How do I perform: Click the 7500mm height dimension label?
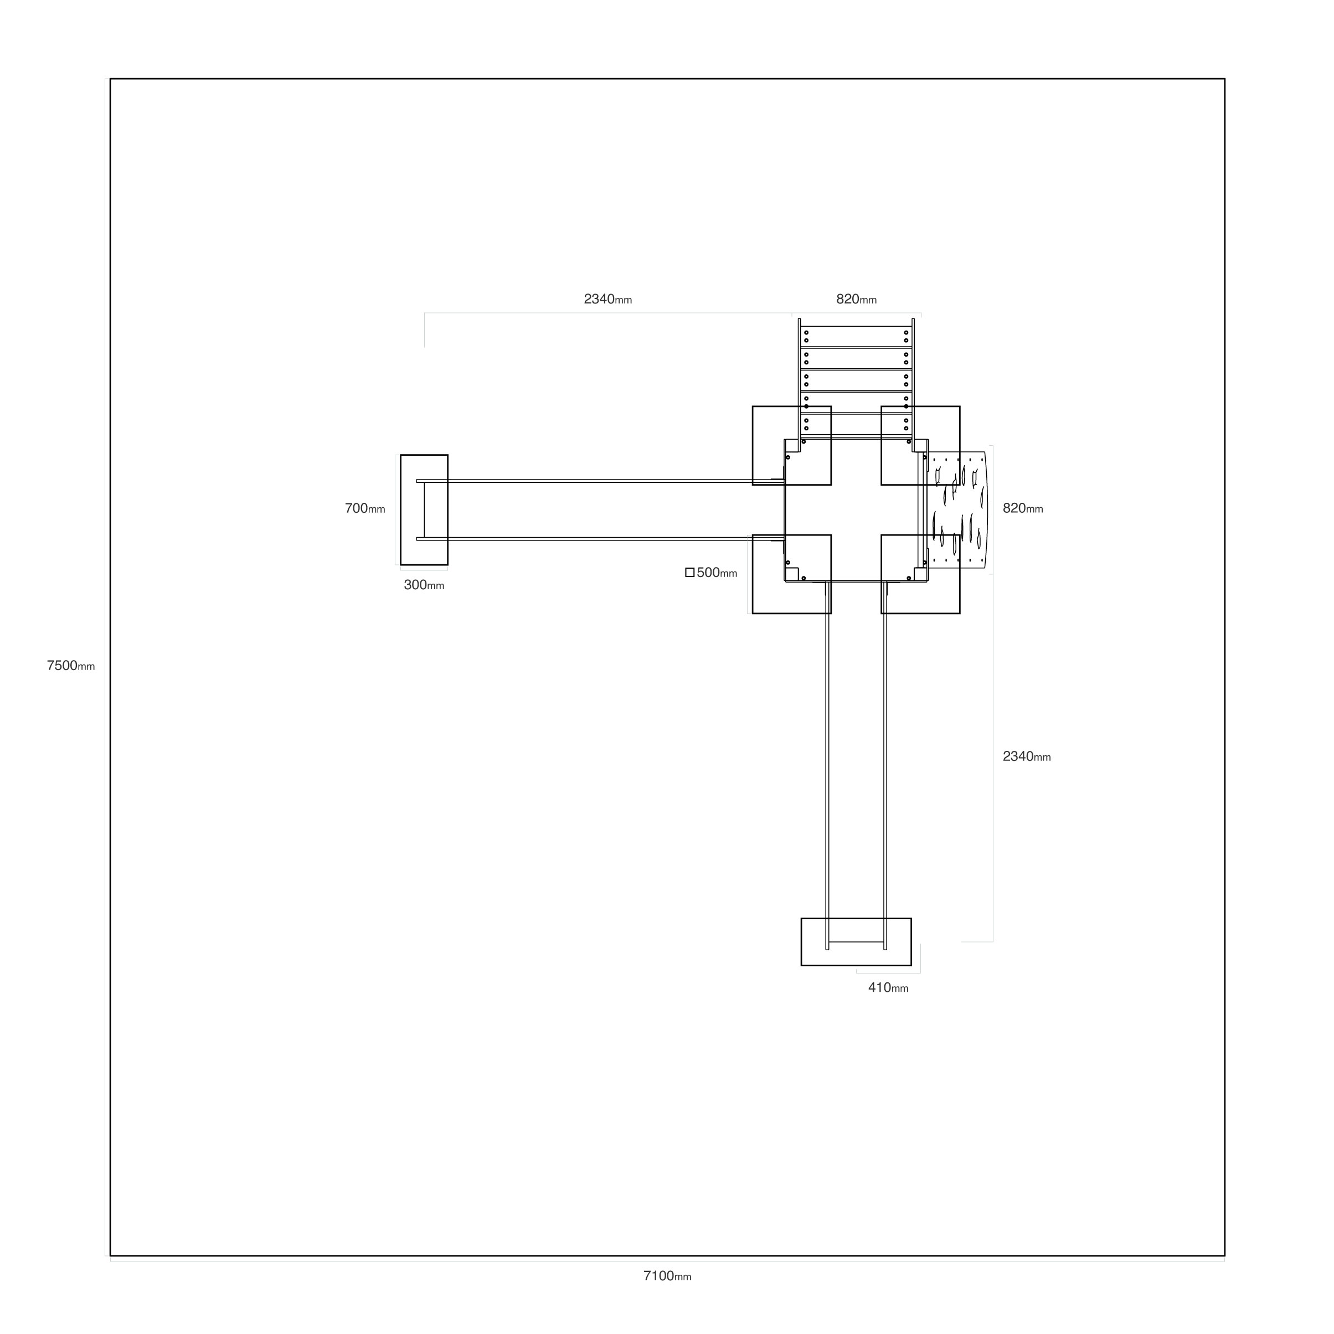click(70, 666)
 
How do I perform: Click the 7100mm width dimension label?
click(667, 1276)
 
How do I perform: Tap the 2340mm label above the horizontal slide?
click(607, 299)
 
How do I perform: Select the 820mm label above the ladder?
click(856, 299)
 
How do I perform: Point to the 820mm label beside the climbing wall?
click(1023, 508)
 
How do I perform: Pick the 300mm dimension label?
click(424, 585)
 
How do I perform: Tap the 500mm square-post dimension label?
click(717, 573)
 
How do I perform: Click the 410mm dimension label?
click(888, 987)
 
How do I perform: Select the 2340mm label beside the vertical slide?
click(1027, 756)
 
